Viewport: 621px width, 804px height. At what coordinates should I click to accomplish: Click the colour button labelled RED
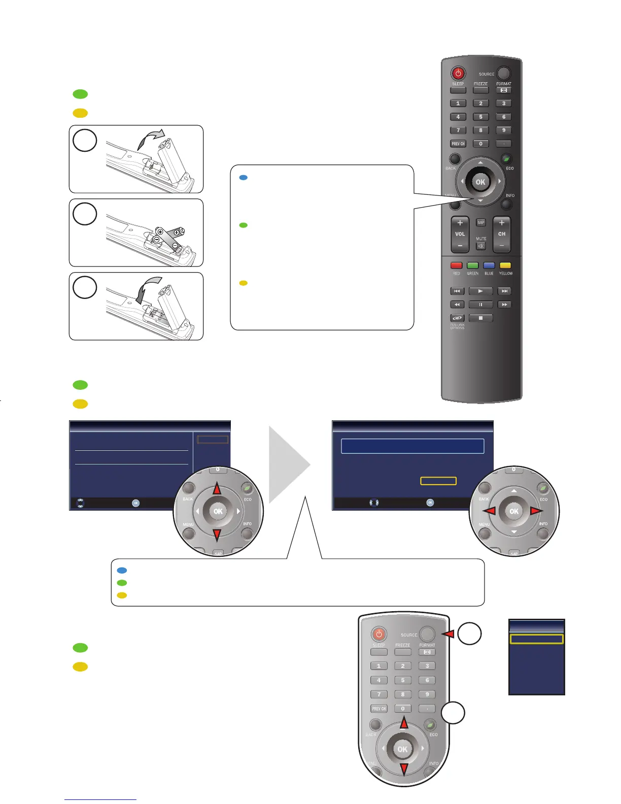[x=457, y=265]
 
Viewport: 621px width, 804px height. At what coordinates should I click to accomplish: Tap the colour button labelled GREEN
[x=473, y=265]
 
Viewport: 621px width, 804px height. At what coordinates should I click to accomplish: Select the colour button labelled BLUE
[x=489, y=265]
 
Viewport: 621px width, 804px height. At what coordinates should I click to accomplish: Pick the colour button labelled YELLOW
[x=505, y=265]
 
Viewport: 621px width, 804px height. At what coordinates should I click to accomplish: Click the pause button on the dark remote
[x=480, y=305]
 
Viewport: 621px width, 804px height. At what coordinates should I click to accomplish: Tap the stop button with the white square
[x=480, y=318]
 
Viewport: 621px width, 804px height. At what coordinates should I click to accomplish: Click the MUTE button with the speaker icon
[x=481, y=246]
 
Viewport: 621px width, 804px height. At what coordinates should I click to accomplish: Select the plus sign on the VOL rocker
[x=460, y=223]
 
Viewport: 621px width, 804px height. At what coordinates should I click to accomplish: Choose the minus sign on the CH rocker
[x=502, y=246]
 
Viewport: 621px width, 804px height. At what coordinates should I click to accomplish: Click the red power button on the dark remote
[x=458, y=73]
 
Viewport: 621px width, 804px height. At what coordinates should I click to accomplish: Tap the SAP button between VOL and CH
[x=481, y=222]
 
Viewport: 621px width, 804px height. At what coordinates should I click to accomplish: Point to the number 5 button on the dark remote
[x=481, y=117]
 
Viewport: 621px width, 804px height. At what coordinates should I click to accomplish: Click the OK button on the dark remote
[x=480, y=182]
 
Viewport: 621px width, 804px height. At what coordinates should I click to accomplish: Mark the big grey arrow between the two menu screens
[x=289, y=464]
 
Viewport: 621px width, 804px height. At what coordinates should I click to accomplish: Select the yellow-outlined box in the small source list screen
[x=536, y=639]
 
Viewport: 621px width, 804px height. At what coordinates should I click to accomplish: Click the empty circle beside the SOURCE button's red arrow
[x=469, y=634]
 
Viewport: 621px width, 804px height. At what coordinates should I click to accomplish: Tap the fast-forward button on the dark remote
[x=504, y=305]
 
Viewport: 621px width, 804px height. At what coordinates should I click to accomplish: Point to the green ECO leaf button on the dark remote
[x=506, y=159]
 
